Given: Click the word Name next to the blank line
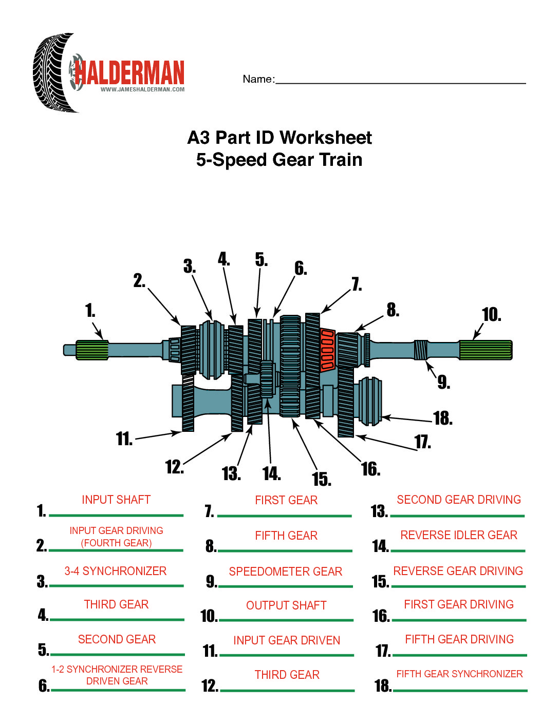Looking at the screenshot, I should point(258,79).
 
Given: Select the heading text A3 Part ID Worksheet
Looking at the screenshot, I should point(279,138).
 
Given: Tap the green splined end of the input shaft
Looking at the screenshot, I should point(91,350).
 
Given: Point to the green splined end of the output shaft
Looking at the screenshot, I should point(485,350).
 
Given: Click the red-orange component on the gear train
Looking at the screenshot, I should point(327,350).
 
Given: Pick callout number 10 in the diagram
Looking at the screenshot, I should point(491,315).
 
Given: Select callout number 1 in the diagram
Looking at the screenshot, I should point(90,310).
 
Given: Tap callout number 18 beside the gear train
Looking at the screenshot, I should point(442,418).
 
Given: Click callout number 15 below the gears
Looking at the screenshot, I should point(321,479).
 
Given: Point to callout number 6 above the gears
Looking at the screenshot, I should point(301,268).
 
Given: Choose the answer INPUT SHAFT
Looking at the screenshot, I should point(116,500).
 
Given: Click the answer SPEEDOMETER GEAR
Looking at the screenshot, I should point(286,572).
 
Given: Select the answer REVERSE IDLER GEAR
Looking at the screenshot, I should point(459,535).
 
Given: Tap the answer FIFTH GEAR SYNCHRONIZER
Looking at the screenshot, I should point(459,674).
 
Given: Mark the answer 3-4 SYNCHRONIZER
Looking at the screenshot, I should point(116,571).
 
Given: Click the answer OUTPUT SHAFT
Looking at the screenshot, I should point(286,605).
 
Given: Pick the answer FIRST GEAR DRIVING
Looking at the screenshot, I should point(459,604).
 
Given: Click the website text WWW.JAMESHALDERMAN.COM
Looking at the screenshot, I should point(142,89).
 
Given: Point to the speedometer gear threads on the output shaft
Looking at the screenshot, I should point(421,350).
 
